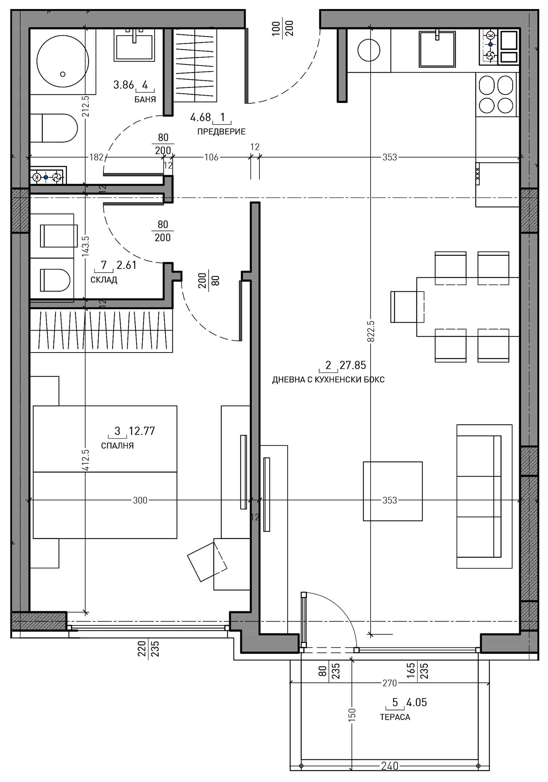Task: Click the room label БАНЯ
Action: coord(145,100)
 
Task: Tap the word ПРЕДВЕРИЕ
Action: coord(221,132)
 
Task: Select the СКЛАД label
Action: coord(104,280)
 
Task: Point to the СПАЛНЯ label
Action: coord(117,446)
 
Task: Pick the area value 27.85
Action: coord(353,365)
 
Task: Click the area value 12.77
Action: coord(142,431)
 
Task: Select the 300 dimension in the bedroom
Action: coord(140,500)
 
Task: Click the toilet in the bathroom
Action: coord(54,128)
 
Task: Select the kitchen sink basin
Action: coord(437,49)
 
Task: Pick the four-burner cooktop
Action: coord(497,94)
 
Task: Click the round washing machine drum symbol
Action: coord(369,50)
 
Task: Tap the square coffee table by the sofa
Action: coord(393,491)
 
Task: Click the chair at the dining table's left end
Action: coord(407,307)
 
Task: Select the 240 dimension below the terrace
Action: coord(390,766)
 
